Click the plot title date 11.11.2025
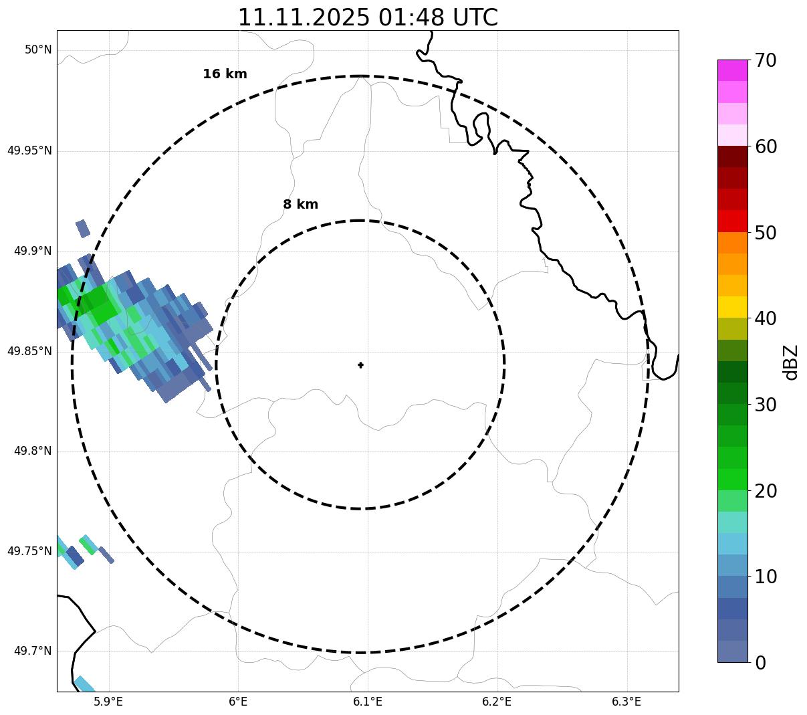click(x=304, y=17)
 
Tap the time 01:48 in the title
click(x=409, y=17)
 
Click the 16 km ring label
click(x=225, y=74)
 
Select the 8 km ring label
click(x=300, y=205)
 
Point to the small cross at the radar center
click(x=361, y=365)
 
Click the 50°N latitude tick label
click(x=38, y=50)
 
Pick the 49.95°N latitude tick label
click(x=29, y=150)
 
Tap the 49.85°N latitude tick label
click(x=29, y=351)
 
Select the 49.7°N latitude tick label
click(x=33, y=651)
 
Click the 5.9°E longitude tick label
click(x=108, y=702)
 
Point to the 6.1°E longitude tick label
click(x=368, y=702)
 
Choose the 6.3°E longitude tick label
click(x=626, y=702)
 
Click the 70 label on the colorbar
click(x=766, y=61)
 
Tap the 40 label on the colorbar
click(x=766, y=319)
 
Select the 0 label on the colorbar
click(x=761, y=663)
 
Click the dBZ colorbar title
click(x=791, y=362)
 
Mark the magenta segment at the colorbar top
click(x=732, y=70)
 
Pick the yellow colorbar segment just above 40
click(x=732, y=307)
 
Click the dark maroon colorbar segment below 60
click(x=732, y=157)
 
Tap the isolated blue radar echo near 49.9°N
click(x=83, y=228)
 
